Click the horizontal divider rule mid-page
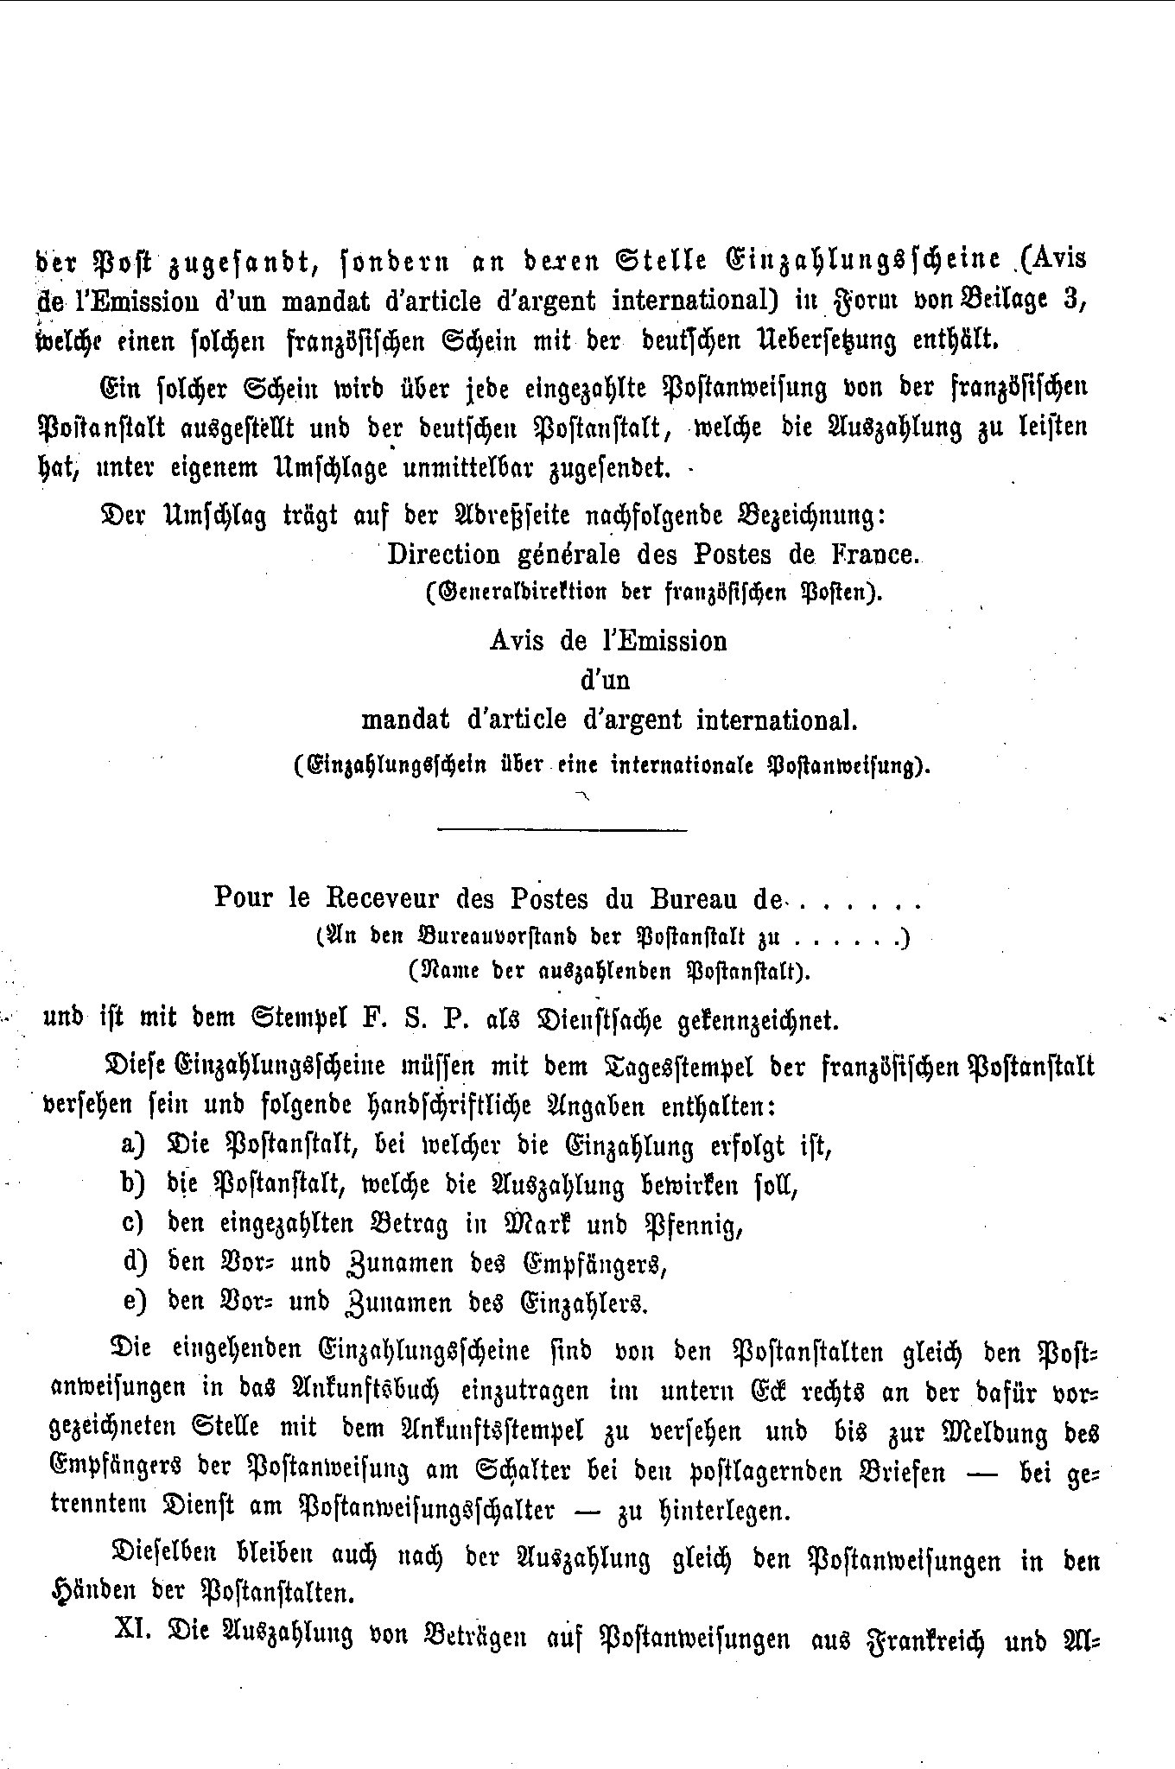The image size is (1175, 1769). pyautogui.click(x=562, y=831)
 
